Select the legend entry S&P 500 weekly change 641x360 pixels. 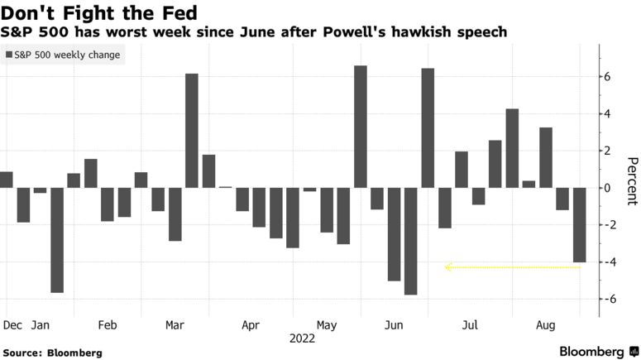(x=63, y=55)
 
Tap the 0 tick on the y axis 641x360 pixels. (x=605, y=188)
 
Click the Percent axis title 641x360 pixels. (x=631, y=180)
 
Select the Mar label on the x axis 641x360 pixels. (x=175, y=326)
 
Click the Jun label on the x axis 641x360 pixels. (x=394, y=326)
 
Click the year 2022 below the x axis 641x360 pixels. (x=303, y=338)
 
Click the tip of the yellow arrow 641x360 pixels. (x=447, y=267)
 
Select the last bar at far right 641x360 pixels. (x=579, y=224)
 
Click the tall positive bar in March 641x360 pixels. (x=192, y=131)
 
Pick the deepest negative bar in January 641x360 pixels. (x=57, y=240)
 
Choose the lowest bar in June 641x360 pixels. (x=411, y=241)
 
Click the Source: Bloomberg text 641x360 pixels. (x=53, y=353)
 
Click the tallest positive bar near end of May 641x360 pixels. (x=361, y=127)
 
